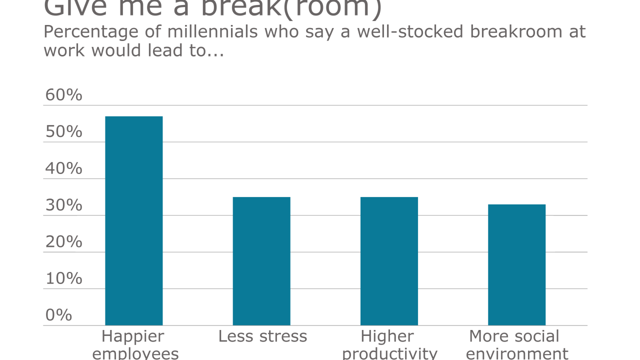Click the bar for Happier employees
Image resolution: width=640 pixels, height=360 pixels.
point(133,220)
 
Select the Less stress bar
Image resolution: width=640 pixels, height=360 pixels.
point(261,261)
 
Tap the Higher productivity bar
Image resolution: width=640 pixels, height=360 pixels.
point(389,261)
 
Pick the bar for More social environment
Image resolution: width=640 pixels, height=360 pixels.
point(516,264)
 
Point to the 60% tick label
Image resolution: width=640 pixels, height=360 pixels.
point(63,95)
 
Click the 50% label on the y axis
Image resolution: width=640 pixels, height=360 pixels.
point(63,132)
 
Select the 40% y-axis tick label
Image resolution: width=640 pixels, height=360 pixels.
point(63,168)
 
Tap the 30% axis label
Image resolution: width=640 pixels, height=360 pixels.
point(63,205)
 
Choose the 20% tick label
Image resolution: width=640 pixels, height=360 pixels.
point(63,242)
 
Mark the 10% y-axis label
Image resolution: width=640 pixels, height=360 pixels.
point(63,278)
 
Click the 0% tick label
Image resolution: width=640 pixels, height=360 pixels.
point(58,315)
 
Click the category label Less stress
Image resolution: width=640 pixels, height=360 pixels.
point(262,336)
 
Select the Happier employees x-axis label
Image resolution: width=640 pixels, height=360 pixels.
point(134,345)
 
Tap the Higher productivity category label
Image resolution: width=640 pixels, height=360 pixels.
point(389,345)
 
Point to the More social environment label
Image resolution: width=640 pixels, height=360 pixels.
point(516,345)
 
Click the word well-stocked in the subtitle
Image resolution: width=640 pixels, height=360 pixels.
point(399,31)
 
